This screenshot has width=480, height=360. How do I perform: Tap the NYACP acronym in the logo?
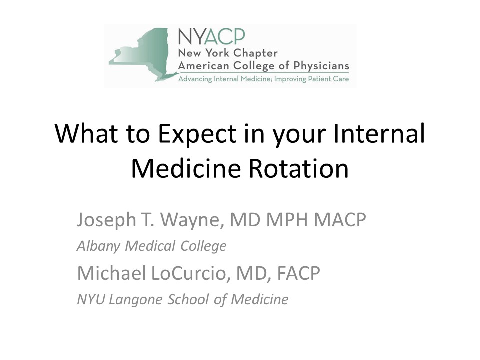tap(212, 36)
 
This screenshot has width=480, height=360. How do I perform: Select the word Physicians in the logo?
tap(321, 66)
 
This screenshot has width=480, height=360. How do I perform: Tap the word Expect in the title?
tap(197, 135)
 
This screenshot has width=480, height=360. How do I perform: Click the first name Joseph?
tap(106, 220)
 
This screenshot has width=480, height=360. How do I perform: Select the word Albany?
tap(98, 246)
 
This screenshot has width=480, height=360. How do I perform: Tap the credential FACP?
tap(299, 273)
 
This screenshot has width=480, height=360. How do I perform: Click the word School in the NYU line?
tap(188, 299)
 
